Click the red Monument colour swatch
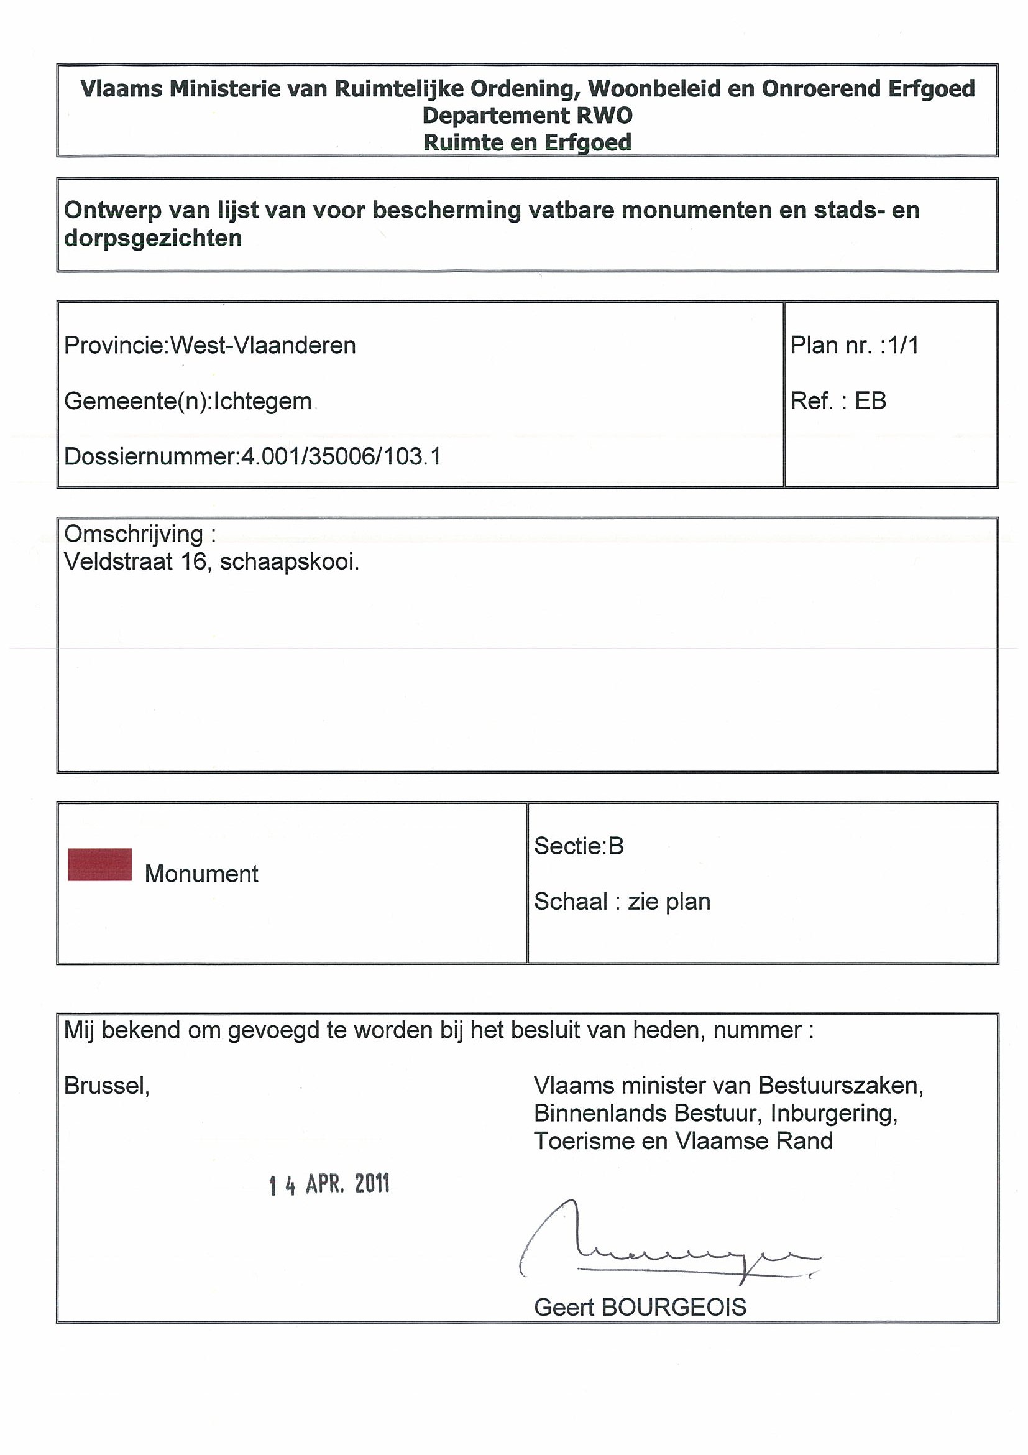click(x=99, y=864)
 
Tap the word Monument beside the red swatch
click(x=201, y=874)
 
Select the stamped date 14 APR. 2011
click(x=329, y=1184)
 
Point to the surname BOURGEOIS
click(x=673, y=1307)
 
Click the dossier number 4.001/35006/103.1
click(x=341, y=456)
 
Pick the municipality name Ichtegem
click(x=262, y=401)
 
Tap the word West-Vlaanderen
click(x=263, y=345)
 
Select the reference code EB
click(x=870, y=400)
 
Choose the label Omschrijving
click(x=134, y=534)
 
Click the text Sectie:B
click(x=579, y=846)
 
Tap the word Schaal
click(x=571, y=901)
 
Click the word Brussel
click(x=106, y=1086)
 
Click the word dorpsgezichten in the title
click(x=153, y=238)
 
